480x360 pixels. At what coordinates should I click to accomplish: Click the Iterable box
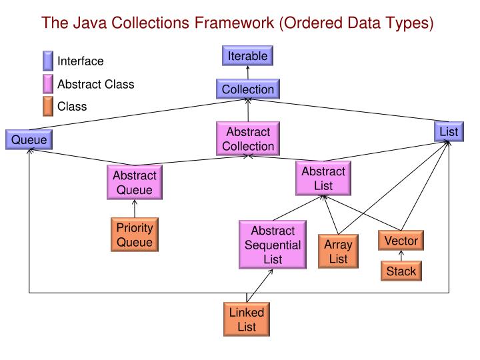pyautogui.click(x=248, y=57)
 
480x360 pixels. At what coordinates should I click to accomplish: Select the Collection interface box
pyautogui.click(x=247, y=89)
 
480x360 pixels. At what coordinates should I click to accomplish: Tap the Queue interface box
pyautogui.click(x=28, y=140)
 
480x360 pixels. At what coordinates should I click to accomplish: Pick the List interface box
pyautogui.click(x=449, y=131)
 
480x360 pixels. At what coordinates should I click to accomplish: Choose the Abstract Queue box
pyautogui.click(x=134, y=182)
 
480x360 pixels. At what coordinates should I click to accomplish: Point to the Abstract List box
pyautogui.click(x=323, y=177)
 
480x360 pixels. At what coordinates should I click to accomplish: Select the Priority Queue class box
pyautogui.click(x=135, y=235)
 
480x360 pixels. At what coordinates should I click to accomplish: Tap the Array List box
pyautogui.click(x=338, y=251)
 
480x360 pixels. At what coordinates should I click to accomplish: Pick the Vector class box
pyautogui.click(x=401, y=240)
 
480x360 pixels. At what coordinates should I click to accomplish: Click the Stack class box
pyautogui.click(x=401, y=271)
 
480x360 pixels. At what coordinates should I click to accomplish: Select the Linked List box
pyautogui.click(x=247, y=319)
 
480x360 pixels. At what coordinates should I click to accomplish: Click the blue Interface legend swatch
pyautogui.click(x=48, y=61)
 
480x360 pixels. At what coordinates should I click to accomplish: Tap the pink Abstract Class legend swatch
pyautogui.click(x=48, y=85)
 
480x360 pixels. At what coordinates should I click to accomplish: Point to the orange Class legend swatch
pyautogui.click(x=48, y=106)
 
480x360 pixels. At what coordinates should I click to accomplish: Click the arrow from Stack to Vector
pyautogui.click(x=401, y=256)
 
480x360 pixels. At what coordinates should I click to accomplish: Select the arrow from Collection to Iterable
pyautogui.click(x=247, y=73)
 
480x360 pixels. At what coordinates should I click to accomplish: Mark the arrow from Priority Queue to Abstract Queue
pyautogui.click(x=135, y=209)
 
